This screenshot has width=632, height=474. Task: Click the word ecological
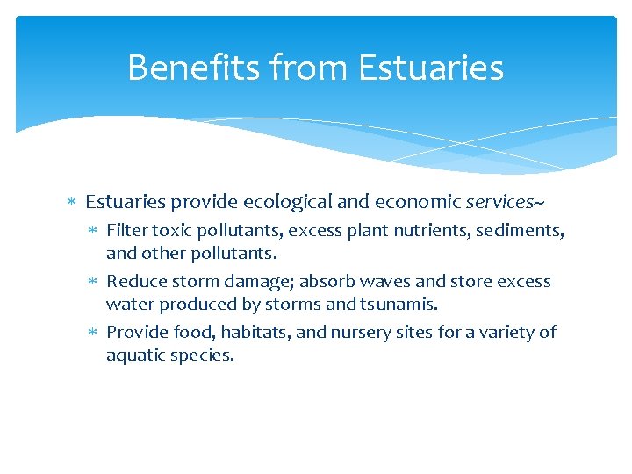(287, 202)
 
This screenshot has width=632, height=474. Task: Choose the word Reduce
(133, 282)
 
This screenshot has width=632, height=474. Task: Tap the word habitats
(250, 333)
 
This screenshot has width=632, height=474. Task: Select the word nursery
(353, 333)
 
